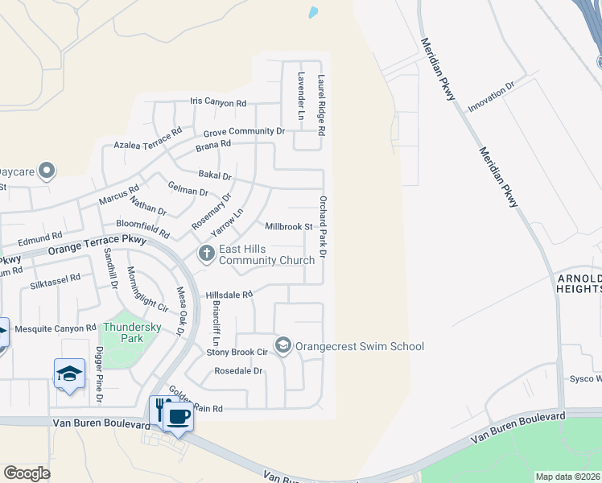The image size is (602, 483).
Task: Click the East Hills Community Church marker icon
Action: coord(206,254)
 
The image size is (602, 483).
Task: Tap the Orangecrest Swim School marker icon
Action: coord(282,346)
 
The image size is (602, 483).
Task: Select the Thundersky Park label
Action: coord(122,332)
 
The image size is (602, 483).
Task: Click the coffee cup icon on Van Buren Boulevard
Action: coord(179,417)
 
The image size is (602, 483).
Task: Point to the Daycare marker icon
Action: coord(47,171)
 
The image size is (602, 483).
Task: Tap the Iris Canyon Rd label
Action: coord(217,103)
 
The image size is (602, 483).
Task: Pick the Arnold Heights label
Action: coord(579,283)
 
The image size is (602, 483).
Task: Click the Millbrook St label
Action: coord(289,227)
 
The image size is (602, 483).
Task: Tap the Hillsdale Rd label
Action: coord(229,295)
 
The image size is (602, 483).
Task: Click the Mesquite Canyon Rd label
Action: coord(56,328)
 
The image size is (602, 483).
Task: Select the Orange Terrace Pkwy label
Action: coord(97,245)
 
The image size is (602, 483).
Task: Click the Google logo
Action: coord(27,473)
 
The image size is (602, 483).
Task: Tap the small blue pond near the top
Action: coord(312,13)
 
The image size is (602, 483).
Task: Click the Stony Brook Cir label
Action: coord(237,352)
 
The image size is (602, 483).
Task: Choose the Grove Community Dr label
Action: coord(244,131)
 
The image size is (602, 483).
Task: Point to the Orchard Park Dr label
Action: coord(323,226)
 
